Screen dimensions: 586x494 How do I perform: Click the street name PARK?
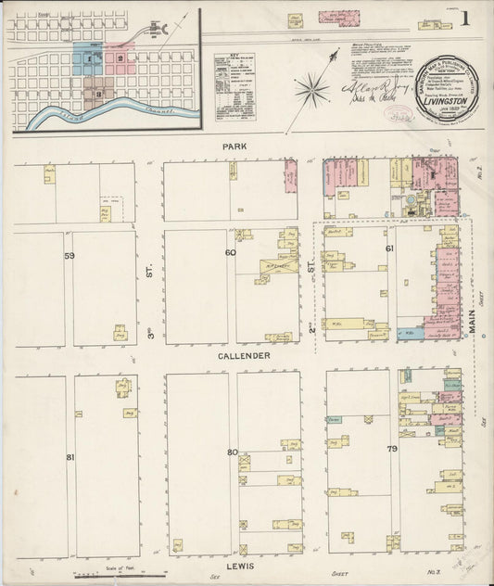coord(234,146)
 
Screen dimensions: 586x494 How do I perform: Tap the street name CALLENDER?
coord(245,356)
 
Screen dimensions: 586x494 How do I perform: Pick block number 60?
coord(230,252)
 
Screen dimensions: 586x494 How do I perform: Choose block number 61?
coord(389,249)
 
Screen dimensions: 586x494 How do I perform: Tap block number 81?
coord(70,456)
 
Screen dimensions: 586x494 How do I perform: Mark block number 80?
coord(232,452)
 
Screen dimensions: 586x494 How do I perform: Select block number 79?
coord(392,450)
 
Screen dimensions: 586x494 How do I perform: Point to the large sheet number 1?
coord(464,18)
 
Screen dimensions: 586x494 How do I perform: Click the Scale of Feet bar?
coord(130,573)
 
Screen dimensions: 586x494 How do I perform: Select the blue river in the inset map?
coord(102,116)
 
